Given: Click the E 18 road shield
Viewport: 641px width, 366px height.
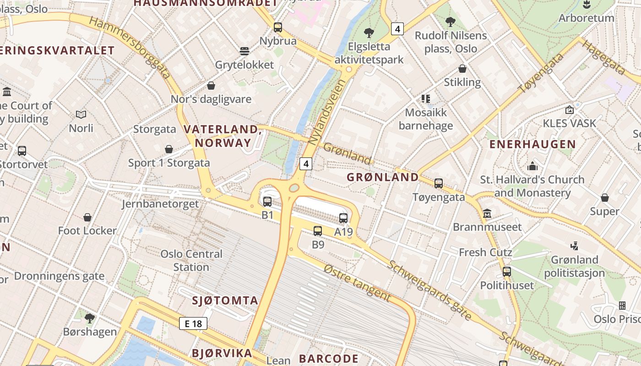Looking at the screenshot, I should click(193, 323).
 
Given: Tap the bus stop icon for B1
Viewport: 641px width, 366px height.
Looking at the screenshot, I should click(267, 202).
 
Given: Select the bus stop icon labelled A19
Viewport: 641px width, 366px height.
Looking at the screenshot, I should click(343, 218).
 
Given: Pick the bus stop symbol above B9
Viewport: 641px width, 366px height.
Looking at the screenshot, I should click(318, 231).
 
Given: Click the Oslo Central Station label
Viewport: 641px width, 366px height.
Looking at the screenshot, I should click(191, 260).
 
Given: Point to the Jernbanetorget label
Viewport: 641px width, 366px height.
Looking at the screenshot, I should click(160, 204).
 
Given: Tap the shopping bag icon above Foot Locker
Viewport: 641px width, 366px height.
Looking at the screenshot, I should click(87, 217).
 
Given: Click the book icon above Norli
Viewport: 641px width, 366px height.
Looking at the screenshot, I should click(81, 114).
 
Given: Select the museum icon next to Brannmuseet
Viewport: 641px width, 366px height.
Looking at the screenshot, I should click(487, 214).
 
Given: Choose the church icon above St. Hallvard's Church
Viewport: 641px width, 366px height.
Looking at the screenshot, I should click(532, 166).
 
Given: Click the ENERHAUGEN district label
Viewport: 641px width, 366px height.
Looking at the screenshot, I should click(532, 145).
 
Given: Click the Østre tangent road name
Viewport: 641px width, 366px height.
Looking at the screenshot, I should click(357, 283).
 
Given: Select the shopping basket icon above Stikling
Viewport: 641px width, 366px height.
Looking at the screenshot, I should click(462, 69).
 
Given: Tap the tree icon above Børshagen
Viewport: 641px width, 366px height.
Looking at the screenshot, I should click(90, 318).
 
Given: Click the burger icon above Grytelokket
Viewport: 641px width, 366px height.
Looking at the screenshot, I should click(244, 51).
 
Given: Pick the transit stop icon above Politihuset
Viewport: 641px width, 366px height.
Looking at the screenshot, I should click(506, 272).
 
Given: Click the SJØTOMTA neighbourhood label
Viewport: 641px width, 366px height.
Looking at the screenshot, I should click(225, 301).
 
